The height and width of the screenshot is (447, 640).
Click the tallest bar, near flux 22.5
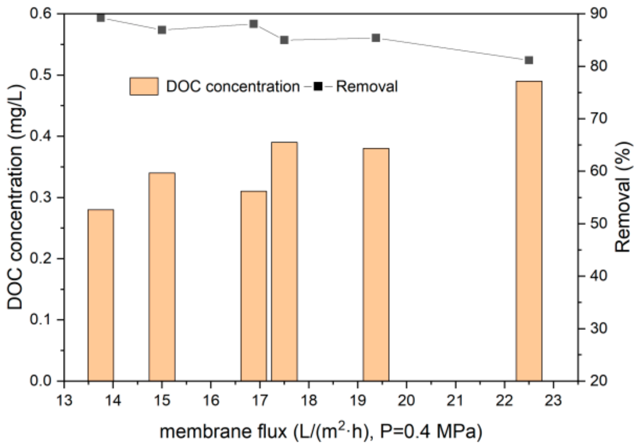tap(529, 231)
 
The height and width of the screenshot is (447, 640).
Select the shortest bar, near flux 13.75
tap(101, 295)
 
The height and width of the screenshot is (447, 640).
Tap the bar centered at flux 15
tap(162, 277)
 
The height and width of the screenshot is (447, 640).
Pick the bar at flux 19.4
tap(376, 264)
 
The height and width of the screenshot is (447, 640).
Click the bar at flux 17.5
tap(284, 262)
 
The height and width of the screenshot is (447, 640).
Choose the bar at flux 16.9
tap(254, 286)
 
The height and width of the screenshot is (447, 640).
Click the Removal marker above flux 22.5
tap(529, 60)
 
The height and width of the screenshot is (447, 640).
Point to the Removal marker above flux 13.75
tap(101, 18)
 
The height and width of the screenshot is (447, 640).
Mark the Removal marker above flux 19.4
tap(376, 38)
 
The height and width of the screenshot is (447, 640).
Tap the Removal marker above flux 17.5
tap(284, 40)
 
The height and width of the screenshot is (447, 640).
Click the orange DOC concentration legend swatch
tap(144, 86)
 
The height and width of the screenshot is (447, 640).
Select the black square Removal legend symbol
tap(318, 86)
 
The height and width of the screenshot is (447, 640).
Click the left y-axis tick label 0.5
tap(41, 75)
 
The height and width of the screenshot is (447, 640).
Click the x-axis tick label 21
tap(455, 401)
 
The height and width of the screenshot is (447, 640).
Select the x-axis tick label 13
tap(64, 401)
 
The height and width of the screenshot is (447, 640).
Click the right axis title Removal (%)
tap(623, 197)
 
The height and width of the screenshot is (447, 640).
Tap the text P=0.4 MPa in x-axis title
tap(430, 432)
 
